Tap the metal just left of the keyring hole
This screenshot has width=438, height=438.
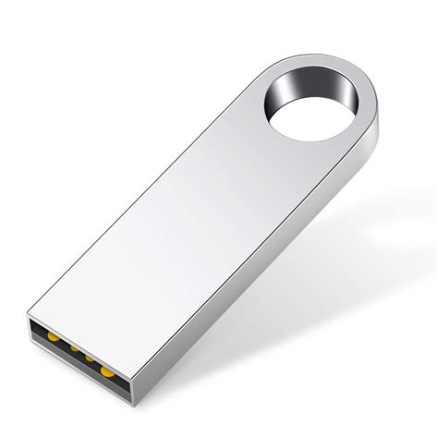point(254,111)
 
